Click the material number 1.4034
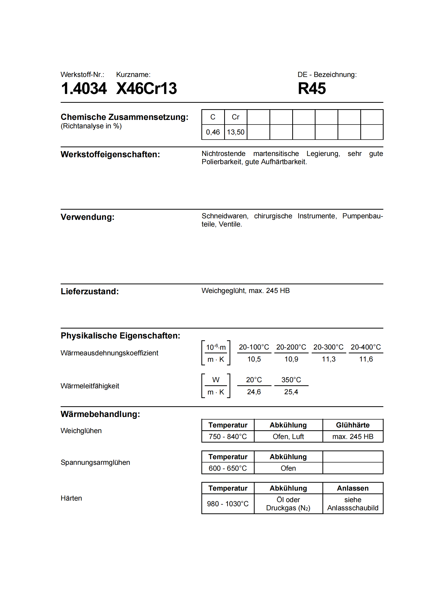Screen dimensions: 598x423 click(x=84, y=88)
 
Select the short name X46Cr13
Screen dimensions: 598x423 click(x=146, y=88)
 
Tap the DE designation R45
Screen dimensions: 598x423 click(x=312, y=88)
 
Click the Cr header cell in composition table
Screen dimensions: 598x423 click(x=235, y=117)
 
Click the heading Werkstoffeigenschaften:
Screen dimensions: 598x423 click(x=110, y=154)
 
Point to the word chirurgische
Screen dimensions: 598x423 click(x=273, y=216)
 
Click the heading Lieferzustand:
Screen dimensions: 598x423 click(x=90, y=291)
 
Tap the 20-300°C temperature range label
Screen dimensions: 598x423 click(x=328, y=347)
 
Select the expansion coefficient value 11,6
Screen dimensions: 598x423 click(x=366, y=359)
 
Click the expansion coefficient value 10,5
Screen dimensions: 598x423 click(x=254, y=359)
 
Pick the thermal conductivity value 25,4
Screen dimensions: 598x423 click(x=291, y=392)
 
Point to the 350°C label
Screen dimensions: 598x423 click(x=291, y=380)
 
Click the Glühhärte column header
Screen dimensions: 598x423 click(x=353, y=425)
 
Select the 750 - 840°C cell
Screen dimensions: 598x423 click(x=227, y=436)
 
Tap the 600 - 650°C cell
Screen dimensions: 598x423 click(x=227, y=468)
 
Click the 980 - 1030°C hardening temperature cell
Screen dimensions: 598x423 click(x=227, y=504)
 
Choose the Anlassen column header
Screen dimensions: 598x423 click(x=353, y=488)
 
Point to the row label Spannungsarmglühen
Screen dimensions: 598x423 click(x=95, y=462)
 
